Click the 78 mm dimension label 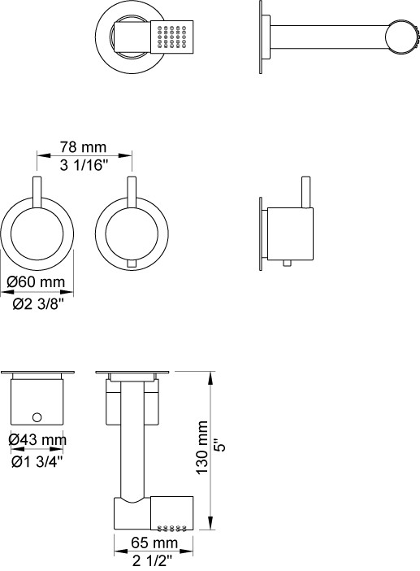[x=84, y=147]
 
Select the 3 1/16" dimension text [x=84, y=165]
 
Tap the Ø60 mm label [x=36, y=282]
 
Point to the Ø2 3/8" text [x=38, y=303]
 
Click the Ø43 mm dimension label [x=37, y=439]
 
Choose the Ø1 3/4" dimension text [x=37, y=462]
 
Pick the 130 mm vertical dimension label [x=202, y=448]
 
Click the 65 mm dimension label [x=154, y=543]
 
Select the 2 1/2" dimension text [x=152, y=561]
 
